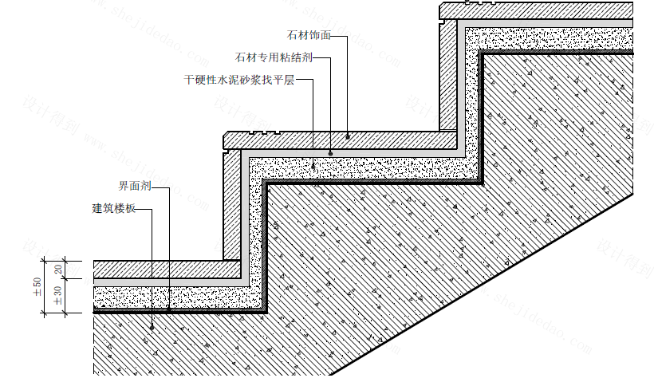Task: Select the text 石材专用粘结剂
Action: (x=274, y=58)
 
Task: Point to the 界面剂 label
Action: (x=134, y=187)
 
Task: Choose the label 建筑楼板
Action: (x=115, y=209)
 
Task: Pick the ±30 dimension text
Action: (x=58, y=296)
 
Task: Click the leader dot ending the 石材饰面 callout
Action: (x=348, y=136)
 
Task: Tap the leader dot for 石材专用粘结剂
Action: (x=331, y=152)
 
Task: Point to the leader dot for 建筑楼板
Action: (x=152, y=326)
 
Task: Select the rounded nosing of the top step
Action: (x=443, y=10)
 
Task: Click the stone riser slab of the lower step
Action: (x=232, y=203)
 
